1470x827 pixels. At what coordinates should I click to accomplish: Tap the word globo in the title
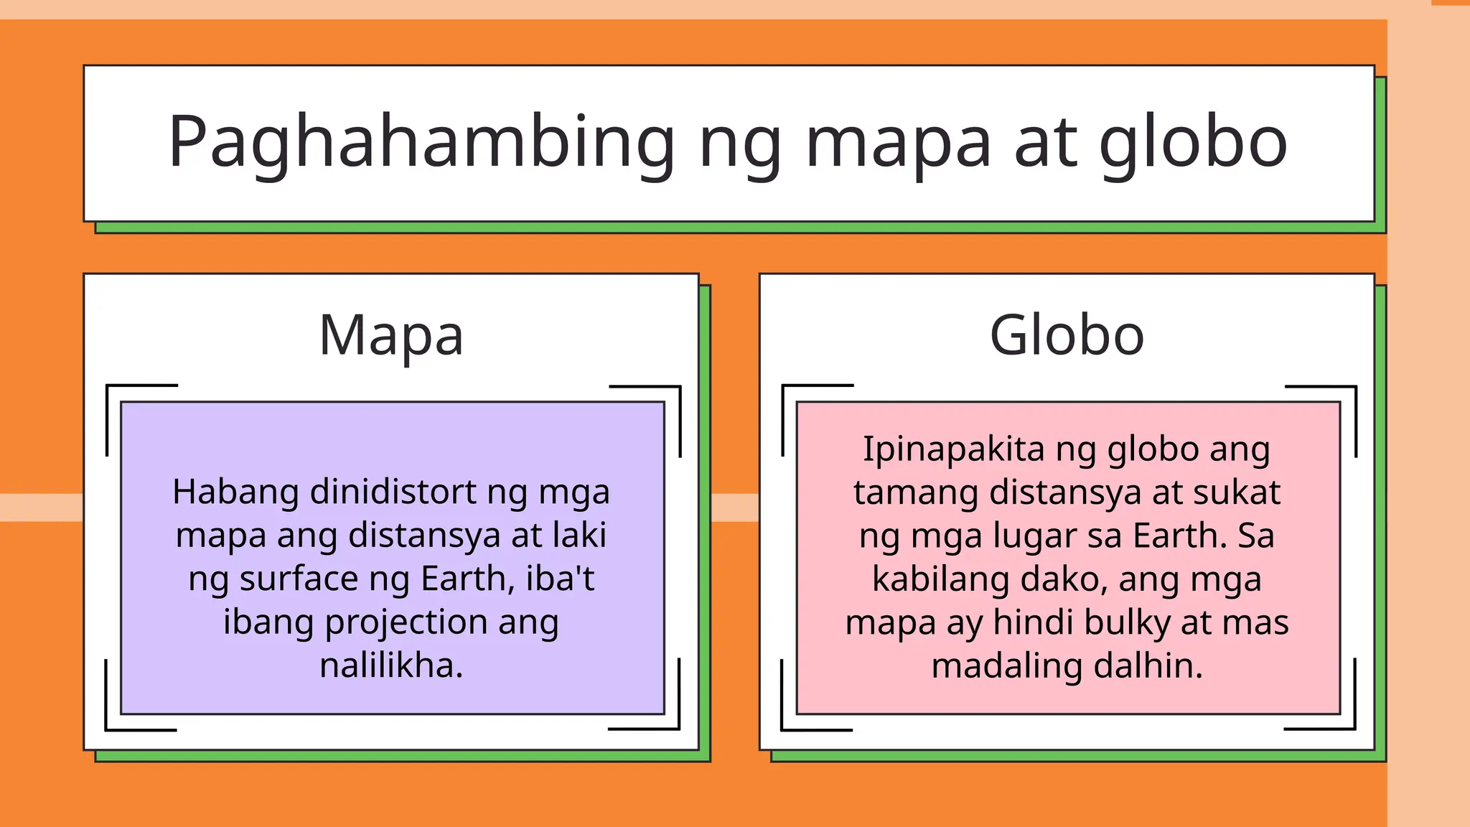point(1194,144)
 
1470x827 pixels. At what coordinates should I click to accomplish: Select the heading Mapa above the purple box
point(391,335)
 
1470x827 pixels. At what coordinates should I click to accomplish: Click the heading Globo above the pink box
point(1067,335)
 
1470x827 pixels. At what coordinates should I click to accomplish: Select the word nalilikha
point(391,665)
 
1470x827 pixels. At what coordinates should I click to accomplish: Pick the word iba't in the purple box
point(560,579)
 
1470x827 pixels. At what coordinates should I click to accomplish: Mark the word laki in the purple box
point(579,536)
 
